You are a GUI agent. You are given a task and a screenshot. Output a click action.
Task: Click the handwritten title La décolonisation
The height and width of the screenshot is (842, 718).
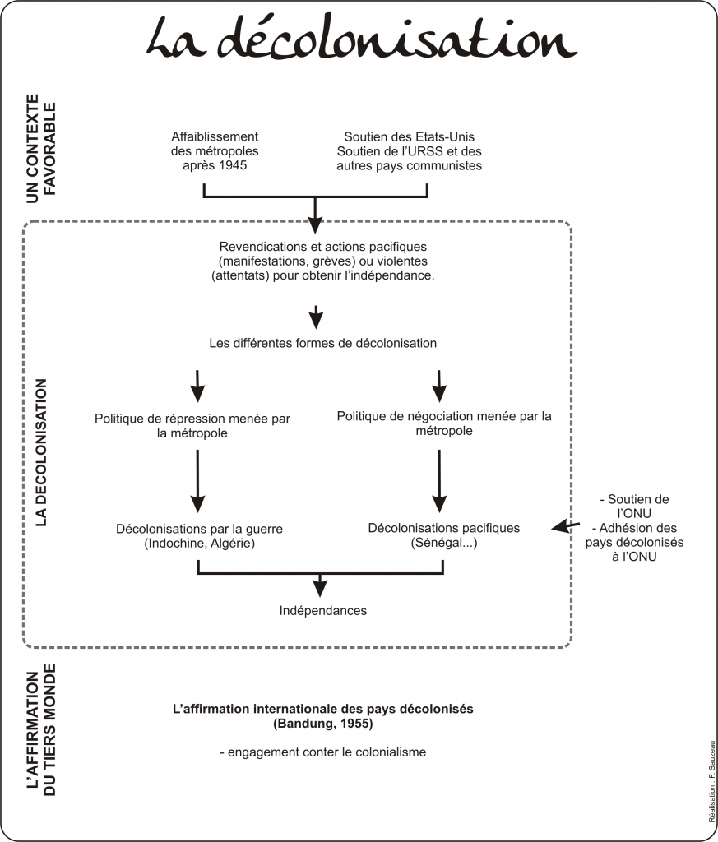[x=361, y=39]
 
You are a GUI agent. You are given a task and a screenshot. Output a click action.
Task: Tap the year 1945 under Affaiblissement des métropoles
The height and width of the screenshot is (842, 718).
[x=232, y=165]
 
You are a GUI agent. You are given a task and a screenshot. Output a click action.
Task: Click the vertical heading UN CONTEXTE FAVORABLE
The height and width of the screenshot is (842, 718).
[x=41, y=149]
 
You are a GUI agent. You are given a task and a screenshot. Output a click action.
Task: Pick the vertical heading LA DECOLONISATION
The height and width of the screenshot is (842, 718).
[x=41, y=452]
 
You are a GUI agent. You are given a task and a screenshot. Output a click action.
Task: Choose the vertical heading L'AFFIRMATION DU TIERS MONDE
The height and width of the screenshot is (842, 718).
[x=41, y=730]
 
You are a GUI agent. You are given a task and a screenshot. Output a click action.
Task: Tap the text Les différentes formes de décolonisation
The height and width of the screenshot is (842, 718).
[x=322, y=343]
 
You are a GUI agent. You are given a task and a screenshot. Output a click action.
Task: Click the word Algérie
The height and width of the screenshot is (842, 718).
[x=230, y=543]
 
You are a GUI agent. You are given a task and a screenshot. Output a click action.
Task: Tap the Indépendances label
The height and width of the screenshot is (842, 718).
[x=322, y=611]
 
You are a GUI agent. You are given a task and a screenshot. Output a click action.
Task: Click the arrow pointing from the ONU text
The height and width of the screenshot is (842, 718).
[x=566, y=525]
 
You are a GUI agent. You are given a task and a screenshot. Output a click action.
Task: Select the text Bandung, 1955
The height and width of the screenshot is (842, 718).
[x=322, y=724]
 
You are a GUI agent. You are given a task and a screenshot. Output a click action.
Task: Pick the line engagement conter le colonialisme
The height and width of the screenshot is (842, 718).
[x=322, y=752]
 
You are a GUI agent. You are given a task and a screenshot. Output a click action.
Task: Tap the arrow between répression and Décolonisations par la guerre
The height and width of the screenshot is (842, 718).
[x=197, y=480]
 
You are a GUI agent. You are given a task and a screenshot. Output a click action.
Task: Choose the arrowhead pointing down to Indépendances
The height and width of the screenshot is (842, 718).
[x=320, y=590]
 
